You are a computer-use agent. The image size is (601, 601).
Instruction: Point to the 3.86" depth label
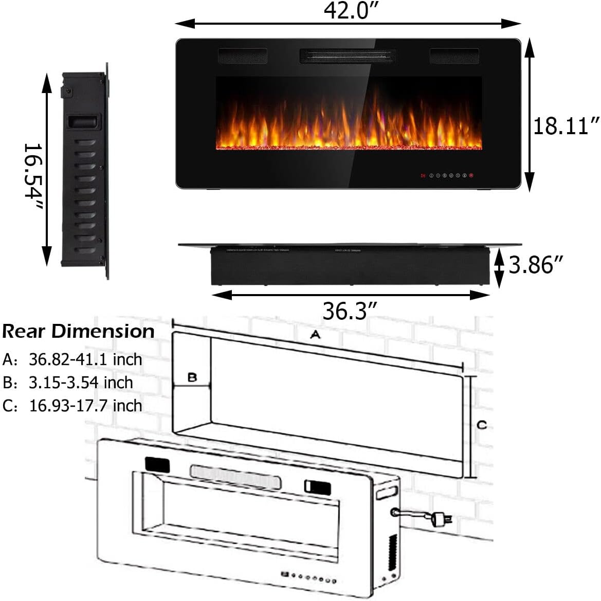(x=536, y=265)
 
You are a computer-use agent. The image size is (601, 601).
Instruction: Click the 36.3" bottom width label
(x=350, y=311)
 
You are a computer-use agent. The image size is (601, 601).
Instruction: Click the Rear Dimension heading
(x=78, y=332)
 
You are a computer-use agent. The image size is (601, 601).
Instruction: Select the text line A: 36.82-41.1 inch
(x=72, y=359)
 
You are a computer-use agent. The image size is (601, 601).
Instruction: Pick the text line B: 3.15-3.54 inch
(x=68, y=383)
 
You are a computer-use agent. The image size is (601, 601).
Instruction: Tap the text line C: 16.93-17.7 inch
(x=72, y=406)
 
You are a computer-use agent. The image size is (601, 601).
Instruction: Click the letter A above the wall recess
(x=315, y=335)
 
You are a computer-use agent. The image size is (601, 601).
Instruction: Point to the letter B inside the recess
(x=192, y=377)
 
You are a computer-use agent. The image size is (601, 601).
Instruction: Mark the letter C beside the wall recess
(x=481, y=425)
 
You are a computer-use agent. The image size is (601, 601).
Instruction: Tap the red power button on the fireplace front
(x=470, y=176)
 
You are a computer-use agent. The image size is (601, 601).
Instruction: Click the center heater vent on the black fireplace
(x=348, y=56)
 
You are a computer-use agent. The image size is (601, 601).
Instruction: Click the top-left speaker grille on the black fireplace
(x=243, y=56)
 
